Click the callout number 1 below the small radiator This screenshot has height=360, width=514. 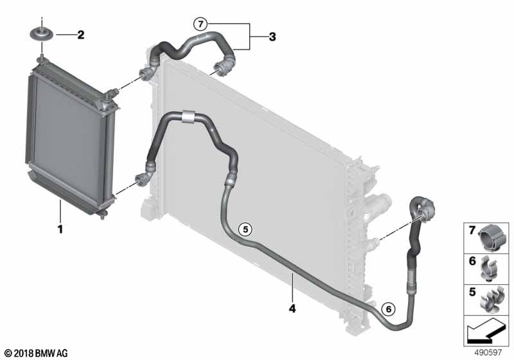tap(60, 230)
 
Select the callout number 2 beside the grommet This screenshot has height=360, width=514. tap(81, 35)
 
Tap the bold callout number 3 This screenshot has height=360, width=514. tap(272, 37)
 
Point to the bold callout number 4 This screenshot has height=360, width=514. tap(292, 308)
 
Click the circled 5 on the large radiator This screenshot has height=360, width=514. tap(245, 230)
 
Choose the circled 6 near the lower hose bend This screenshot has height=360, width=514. tap(389, 309)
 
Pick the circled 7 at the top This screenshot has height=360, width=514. tap(200, 24)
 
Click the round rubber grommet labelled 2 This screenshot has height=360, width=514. tap(42, 34)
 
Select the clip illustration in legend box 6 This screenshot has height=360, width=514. tap(489, 270)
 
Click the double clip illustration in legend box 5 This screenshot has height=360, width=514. tap(492, 300)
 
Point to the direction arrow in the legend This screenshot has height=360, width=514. tap(486, 332)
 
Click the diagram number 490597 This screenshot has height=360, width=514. tap(488, 352)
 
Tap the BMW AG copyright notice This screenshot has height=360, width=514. tap(36, 353)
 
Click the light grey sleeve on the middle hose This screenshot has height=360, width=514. tap(188, 117)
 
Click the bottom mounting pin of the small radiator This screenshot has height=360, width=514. tap(103, 215)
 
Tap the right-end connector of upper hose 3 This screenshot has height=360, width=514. tap(224, 67)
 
